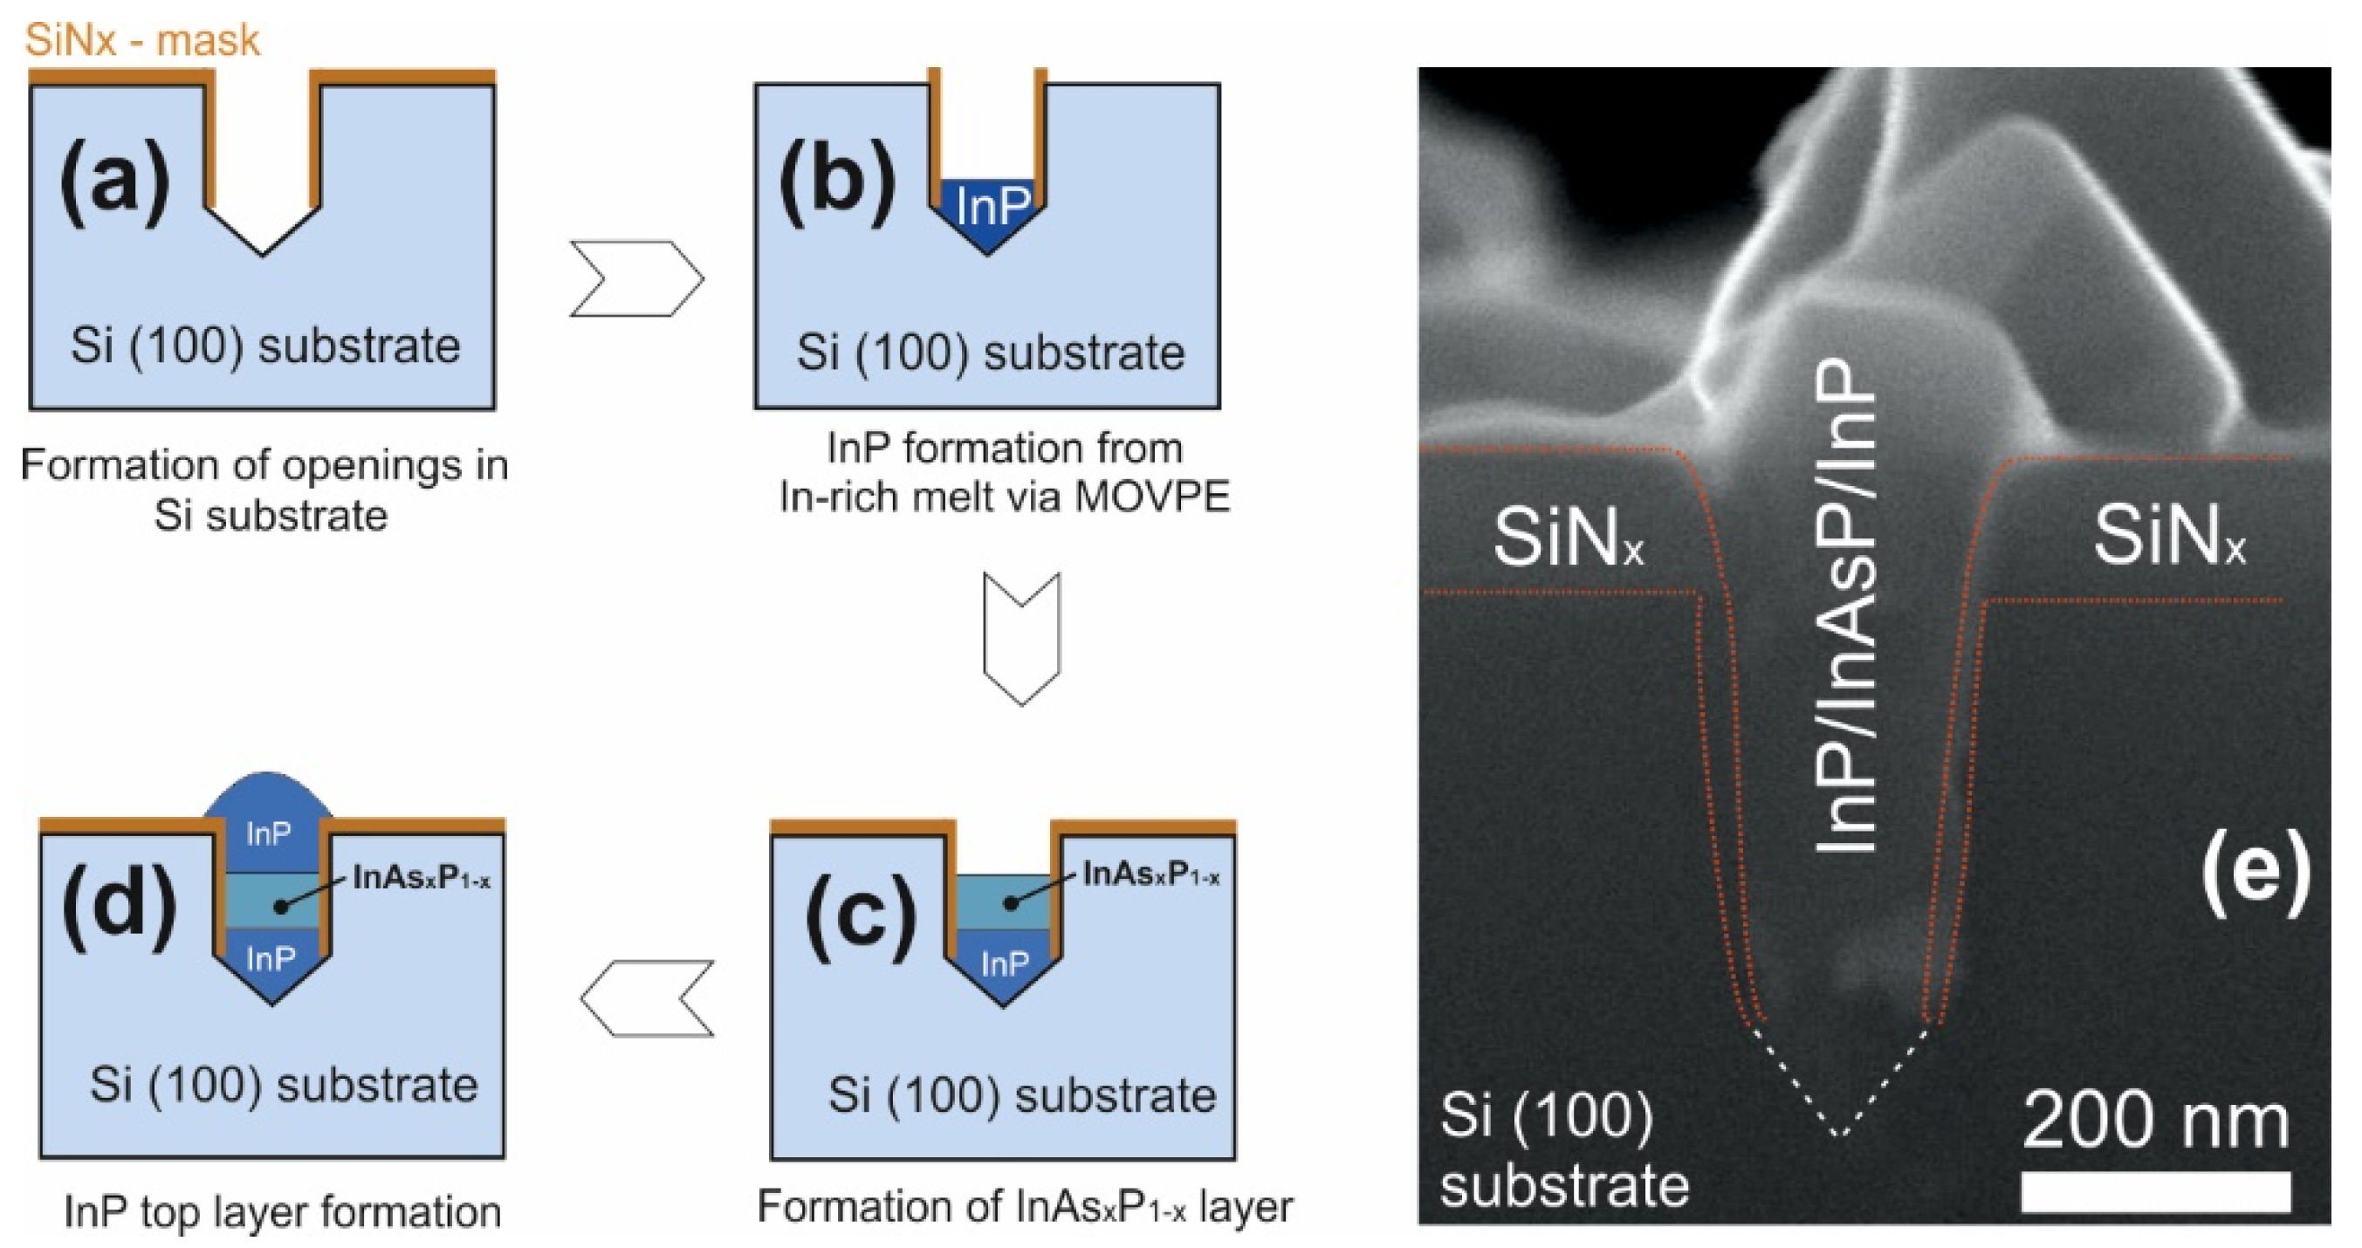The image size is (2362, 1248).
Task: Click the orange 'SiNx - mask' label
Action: (x=142, y=40)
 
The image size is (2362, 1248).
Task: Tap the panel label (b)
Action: (x=836, y=181)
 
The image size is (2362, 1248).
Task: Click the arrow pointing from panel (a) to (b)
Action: (x=636, y=278)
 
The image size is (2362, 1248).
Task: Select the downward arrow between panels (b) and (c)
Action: (x=1021, y=638)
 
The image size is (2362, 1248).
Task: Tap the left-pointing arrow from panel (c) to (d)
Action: (x=648, y=998)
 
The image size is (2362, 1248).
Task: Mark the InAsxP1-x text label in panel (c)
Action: (x=1151, y=874)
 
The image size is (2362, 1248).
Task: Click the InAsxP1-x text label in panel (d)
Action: (x=422, y=879)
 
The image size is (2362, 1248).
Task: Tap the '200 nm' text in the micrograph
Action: (x=2156, y=1121)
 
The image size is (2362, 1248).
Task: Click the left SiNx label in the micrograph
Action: (x=1569, y=538)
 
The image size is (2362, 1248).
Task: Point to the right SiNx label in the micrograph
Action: (x=2169, y=537)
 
